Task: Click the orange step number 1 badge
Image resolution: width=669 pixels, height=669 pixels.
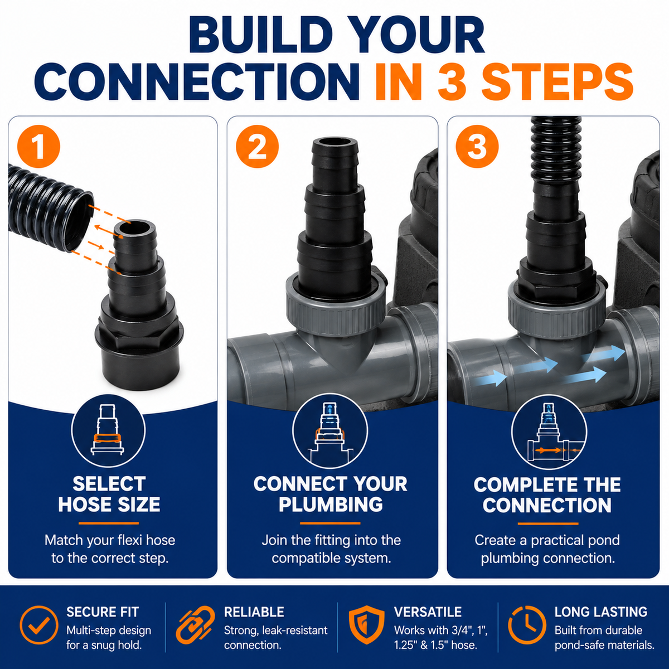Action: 39,147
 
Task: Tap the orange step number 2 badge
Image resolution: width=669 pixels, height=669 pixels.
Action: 257,147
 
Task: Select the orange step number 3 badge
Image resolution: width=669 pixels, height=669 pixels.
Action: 477,147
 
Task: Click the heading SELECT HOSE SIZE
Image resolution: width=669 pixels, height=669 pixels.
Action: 109,494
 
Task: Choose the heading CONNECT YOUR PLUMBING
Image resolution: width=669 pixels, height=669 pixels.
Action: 331,494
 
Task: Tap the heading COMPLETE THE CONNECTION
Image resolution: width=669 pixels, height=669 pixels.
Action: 547,495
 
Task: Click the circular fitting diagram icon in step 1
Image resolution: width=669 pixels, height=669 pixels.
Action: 108,431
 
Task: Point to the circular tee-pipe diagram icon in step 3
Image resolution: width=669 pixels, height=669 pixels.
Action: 549,432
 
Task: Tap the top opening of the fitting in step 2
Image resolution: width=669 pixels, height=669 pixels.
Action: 335,143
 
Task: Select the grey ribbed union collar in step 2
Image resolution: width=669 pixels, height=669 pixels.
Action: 336,313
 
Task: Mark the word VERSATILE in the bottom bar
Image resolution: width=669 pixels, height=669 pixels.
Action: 428,612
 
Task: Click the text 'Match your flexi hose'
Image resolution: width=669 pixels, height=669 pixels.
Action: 110,540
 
